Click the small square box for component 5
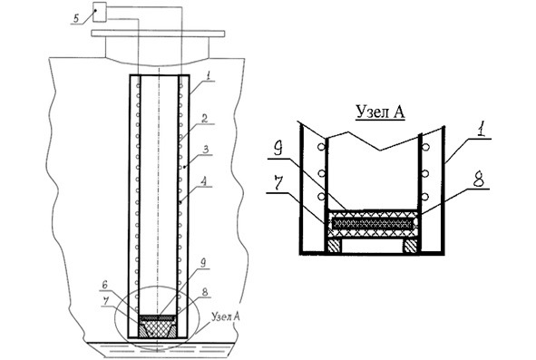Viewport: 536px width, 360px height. pos(100,12)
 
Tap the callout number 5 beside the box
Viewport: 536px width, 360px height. pos(76,18)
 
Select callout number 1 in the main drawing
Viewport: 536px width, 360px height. pos(209,76)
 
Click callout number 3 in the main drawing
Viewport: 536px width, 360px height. pos(207,150)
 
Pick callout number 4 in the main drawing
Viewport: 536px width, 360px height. pos(204,181)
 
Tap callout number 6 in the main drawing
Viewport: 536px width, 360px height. pos(105,285)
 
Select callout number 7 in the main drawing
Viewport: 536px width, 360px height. pos(106,301)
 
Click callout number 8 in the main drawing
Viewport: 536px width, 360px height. pos(205,292)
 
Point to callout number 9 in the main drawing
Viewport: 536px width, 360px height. pos(202,263)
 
